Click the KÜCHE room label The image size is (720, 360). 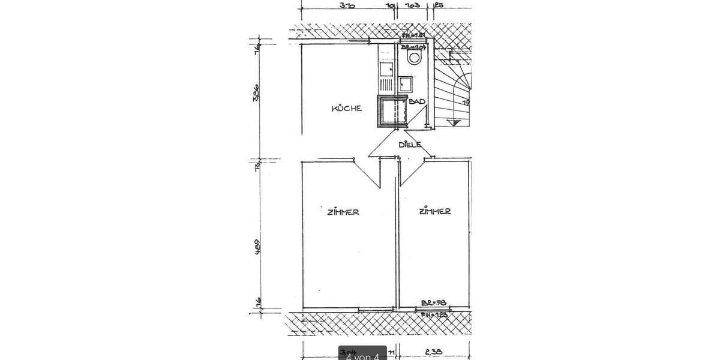pos(347,109)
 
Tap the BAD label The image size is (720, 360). pos(417,102)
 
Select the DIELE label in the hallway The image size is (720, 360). pos(410,145)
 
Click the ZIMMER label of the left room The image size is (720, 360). pos(343,212)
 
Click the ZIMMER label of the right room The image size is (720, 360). pos(435,211)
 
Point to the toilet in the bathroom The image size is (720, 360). pos(413,58)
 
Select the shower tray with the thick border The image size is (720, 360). pos(392,112)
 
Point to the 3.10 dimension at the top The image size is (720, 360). pos(346,7)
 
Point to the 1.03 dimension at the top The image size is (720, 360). pos(411,7)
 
